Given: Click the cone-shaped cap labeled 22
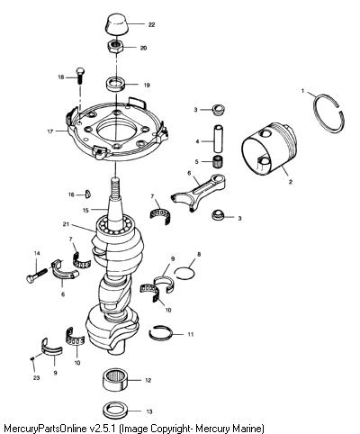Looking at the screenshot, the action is pyautogui.click(x=117, y=24).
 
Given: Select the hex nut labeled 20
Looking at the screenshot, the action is pyautogui.click(x=115, y=47).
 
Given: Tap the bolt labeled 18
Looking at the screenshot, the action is pyautogui.click(x=80, y=76).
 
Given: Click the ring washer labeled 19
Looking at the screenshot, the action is pyautogui.click(x=115, y=85).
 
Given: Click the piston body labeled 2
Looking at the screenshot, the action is pyautogui.click(x=268, y=148).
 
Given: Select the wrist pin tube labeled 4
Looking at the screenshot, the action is pyautogui.click(x=218, y=139).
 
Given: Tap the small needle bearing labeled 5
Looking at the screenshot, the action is pyautogui.click(x=218, y=162).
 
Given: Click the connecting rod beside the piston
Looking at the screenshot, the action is pyautogui.click(x=199, y=193).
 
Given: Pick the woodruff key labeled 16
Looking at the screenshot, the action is pyautogui.click(x=88, y=194).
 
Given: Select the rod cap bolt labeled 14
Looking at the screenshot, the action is pyautogui.click(x=37, y=276).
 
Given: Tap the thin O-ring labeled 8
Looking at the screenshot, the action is pyautogui.click(x=184, y=273).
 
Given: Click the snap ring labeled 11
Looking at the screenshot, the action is pyautogui.click(x=161, y=332).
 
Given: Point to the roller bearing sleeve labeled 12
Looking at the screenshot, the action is pyautogui.click(x=114, y=381).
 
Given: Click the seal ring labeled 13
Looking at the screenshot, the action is pyautogui.click(x=113, y=411).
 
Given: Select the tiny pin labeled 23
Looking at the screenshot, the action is pyautogui.click(x=32, y=358).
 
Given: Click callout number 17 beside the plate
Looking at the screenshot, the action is pyautogui.click(x=50, y=131).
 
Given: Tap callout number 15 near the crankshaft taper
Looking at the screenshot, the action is pyautogui.click(x=85, y=211).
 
